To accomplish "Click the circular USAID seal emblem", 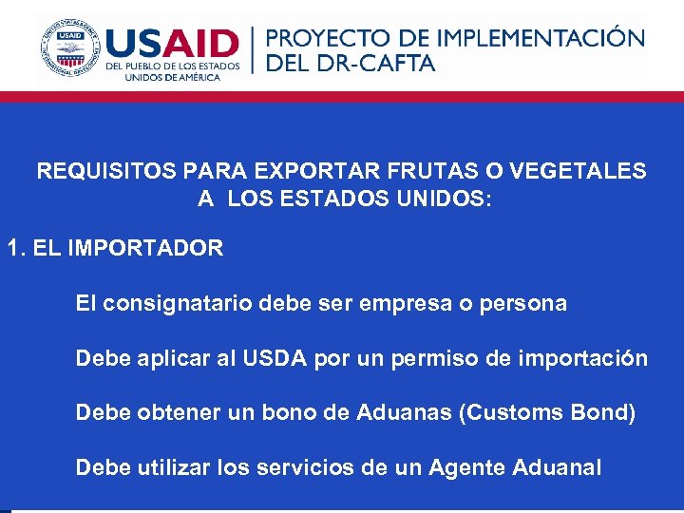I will click(69, 47).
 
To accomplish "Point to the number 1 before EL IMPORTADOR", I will click(13, 249).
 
